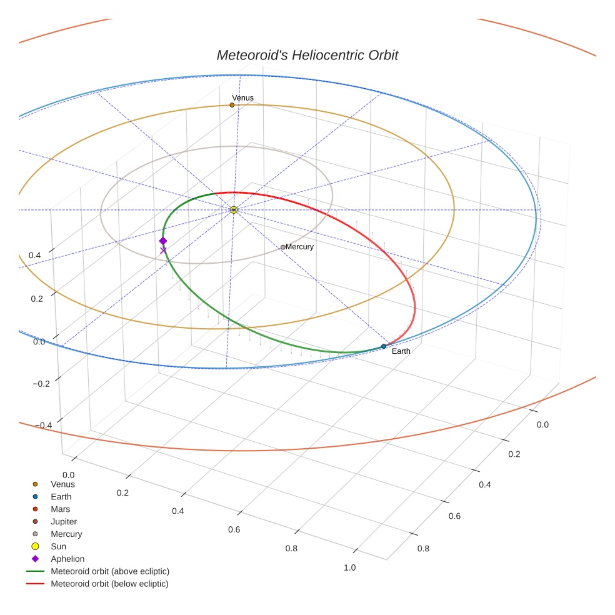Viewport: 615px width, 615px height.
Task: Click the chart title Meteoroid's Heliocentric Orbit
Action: [x=307, y=55]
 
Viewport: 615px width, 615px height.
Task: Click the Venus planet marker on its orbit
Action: [x=232, y=105]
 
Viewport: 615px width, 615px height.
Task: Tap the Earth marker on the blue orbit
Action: [x=384, y=346]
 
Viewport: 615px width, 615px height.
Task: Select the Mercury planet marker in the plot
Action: [x=282, y=247]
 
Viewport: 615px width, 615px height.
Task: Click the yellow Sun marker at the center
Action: [x=234, y=210]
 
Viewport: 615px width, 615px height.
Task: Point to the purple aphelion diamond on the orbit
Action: [x=163, y=241]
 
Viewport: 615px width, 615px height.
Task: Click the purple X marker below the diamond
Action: [x=163, y=251]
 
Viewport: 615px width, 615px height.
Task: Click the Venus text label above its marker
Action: [x=242, y=98]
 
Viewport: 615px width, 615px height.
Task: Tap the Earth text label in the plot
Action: [x=401, y=351]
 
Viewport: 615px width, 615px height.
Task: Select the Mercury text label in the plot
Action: [x=299, y=247]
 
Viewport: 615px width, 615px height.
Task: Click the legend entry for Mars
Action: [x=60, y=509]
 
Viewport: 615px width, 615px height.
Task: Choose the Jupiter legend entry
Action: [x=64, y=521]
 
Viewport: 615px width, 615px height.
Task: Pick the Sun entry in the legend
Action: [x=58, y=546]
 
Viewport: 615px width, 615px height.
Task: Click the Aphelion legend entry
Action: [x=67, y=559]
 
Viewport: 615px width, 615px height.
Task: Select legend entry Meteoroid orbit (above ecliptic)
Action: [x=110, y=571]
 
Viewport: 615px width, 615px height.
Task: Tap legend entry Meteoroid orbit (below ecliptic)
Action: [x=109, y=584]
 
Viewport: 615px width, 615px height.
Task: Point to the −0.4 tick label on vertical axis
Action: [x=42, y=425]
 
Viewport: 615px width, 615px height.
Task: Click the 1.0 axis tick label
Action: [x=349, y=567]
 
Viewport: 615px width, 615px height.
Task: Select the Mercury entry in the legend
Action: [x=66, y=534]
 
